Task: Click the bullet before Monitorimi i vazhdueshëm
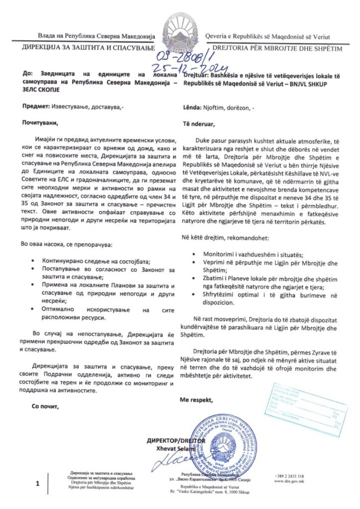(x=192, y=254)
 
